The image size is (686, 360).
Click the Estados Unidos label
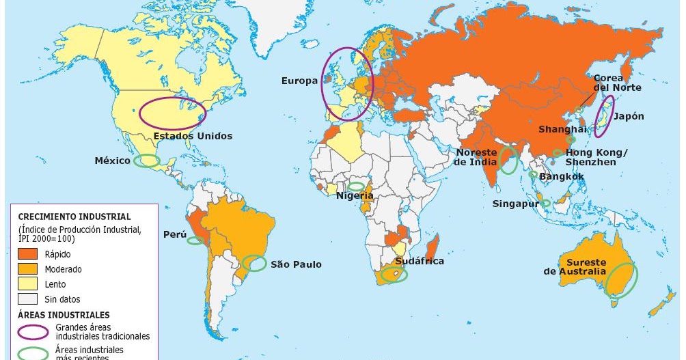click(193, 136)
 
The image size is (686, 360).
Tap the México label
click(113, 161)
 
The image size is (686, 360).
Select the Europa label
click(299, 81)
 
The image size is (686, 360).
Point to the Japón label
click(628, 116)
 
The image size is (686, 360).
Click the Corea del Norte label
click(616, 83)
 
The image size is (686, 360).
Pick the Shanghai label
click(562, 129)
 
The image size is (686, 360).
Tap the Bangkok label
click(561, 176)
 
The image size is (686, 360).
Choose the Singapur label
click(515, 204)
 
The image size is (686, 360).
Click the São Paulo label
click(296, 264)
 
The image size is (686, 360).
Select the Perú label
click(174, 234)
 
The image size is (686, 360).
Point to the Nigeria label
click(355, 196)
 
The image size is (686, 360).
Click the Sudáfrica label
click(419, 261)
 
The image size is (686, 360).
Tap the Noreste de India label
click(476, 157)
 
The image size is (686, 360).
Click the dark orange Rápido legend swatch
click(27, 254)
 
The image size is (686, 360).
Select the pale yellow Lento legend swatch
click(27, 284)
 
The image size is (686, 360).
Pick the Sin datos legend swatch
click(27, 299)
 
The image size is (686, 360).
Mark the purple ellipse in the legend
click(33, 332)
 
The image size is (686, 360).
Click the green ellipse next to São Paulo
click(255, 263)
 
